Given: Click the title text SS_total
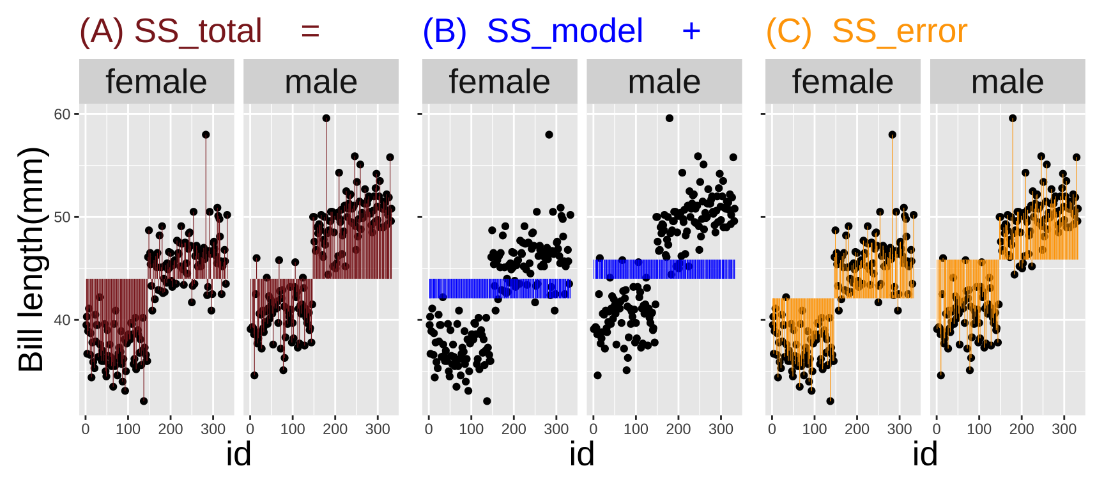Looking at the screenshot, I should click(x=198, y=31).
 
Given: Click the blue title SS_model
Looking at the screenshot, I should click(x=565, y=31).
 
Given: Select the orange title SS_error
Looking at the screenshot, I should click(x=900, y=31).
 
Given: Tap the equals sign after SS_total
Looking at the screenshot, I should click(x=310, y=31).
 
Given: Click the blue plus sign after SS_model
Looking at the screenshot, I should click(x=691, y=31).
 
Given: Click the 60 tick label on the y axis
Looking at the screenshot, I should click(x=62, y=114).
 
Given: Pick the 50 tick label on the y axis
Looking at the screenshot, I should click(x=62, y=217).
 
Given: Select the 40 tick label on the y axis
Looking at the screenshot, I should click(x=62, y=320).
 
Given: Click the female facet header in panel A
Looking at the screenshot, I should click(x=157, y=82).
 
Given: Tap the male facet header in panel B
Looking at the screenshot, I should click(x=664, y=82).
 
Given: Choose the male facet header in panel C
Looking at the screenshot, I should click(x=1008, y=82).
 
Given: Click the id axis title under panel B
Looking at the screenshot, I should click(x=582, y=455).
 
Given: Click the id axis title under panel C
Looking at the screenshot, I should click(x=925, y=455).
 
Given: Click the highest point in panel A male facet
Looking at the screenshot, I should click(x=326, y=118).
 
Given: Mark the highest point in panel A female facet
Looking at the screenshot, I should click(x=206, y=135).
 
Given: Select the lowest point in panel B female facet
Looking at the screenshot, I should click(x=487, y=401).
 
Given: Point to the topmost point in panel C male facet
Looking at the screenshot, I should click(x=1013, y=118).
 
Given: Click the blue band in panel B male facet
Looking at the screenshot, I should click(x=664, y=269).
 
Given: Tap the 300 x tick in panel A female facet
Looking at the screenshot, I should click(x=213, y=429).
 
